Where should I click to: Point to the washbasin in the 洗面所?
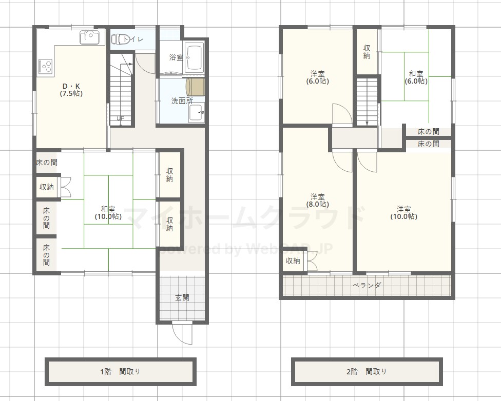(x=197, y=113)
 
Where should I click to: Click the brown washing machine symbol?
(x=195, y=87)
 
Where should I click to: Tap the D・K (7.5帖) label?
(x=71, y=90)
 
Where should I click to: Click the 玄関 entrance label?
(x=182, y=297)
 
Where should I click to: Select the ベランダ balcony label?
(x=367, y=285)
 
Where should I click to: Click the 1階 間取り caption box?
(x=121, y=372)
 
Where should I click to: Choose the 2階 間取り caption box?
(x=367, y=372)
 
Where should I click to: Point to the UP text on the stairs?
(x=121, y=118)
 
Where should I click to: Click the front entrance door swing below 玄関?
(x=182, y=333)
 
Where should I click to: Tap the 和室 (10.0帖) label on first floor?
(x=108, y=213)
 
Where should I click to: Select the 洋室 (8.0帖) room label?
(x=318, y=200)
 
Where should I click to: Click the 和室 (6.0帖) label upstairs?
(x=416, y=77)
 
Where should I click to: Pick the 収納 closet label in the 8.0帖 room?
(x=293, y=261)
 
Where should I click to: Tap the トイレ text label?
(x=133, y=39)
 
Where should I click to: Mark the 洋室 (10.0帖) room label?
(x=404, y=213)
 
